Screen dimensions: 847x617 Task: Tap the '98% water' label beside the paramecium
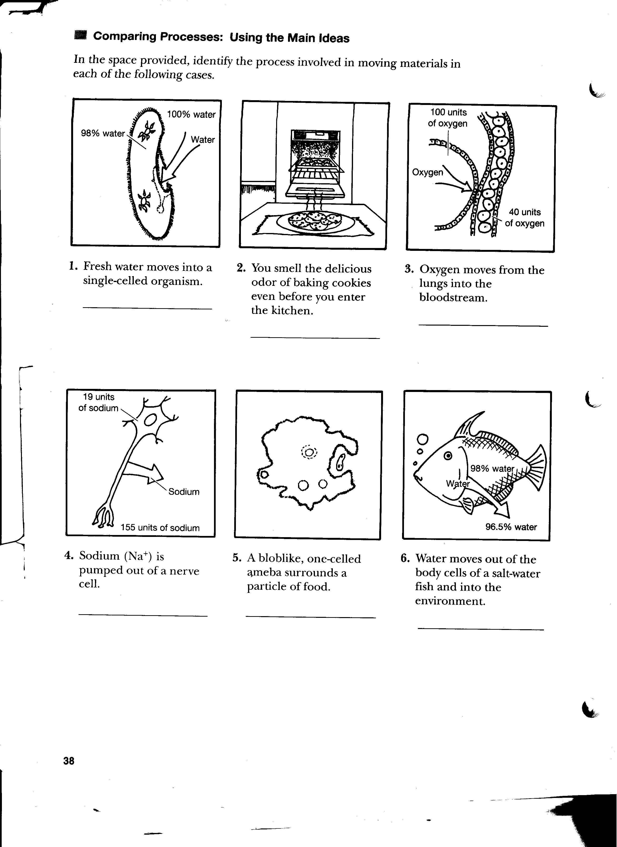click(103, 133)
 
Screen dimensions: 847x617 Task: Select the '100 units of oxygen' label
click(448, 118)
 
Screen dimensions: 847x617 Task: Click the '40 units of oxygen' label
click(524, 218)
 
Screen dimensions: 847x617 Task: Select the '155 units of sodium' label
click(160, 528)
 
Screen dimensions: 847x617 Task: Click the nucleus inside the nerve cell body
click(150, 420)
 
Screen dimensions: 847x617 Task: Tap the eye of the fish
click(448, 456)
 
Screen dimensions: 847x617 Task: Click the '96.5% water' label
click(511, 527)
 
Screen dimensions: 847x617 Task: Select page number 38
click(69, 761)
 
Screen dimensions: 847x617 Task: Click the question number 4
click(68, 556)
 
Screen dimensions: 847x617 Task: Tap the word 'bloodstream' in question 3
click(453, 298)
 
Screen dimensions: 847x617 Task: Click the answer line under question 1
click(147, 308)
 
